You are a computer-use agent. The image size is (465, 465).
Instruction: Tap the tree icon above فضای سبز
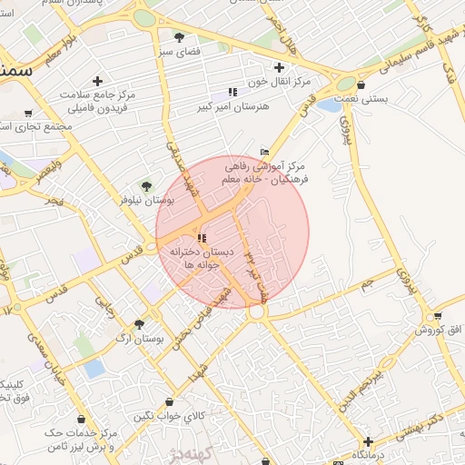[x=179, y=37]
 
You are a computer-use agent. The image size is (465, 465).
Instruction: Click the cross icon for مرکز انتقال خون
[x=279, y=66]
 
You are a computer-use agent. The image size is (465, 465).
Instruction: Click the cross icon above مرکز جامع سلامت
[x=97, y=81]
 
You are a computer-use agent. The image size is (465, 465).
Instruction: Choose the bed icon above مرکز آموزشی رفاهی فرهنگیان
[x=264, y=152]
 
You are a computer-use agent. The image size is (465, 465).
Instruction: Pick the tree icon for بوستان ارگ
[x=139, y=324]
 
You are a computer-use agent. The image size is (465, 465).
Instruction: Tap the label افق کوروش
[x=439, y=329]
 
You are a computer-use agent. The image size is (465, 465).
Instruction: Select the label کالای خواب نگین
[x=163, y=416]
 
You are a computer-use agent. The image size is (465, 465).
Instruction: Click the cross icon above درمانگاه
[x=368, y=441]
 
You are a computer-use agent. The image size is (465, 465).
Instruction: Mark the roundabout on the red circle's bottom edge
[x=258, y=312]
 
